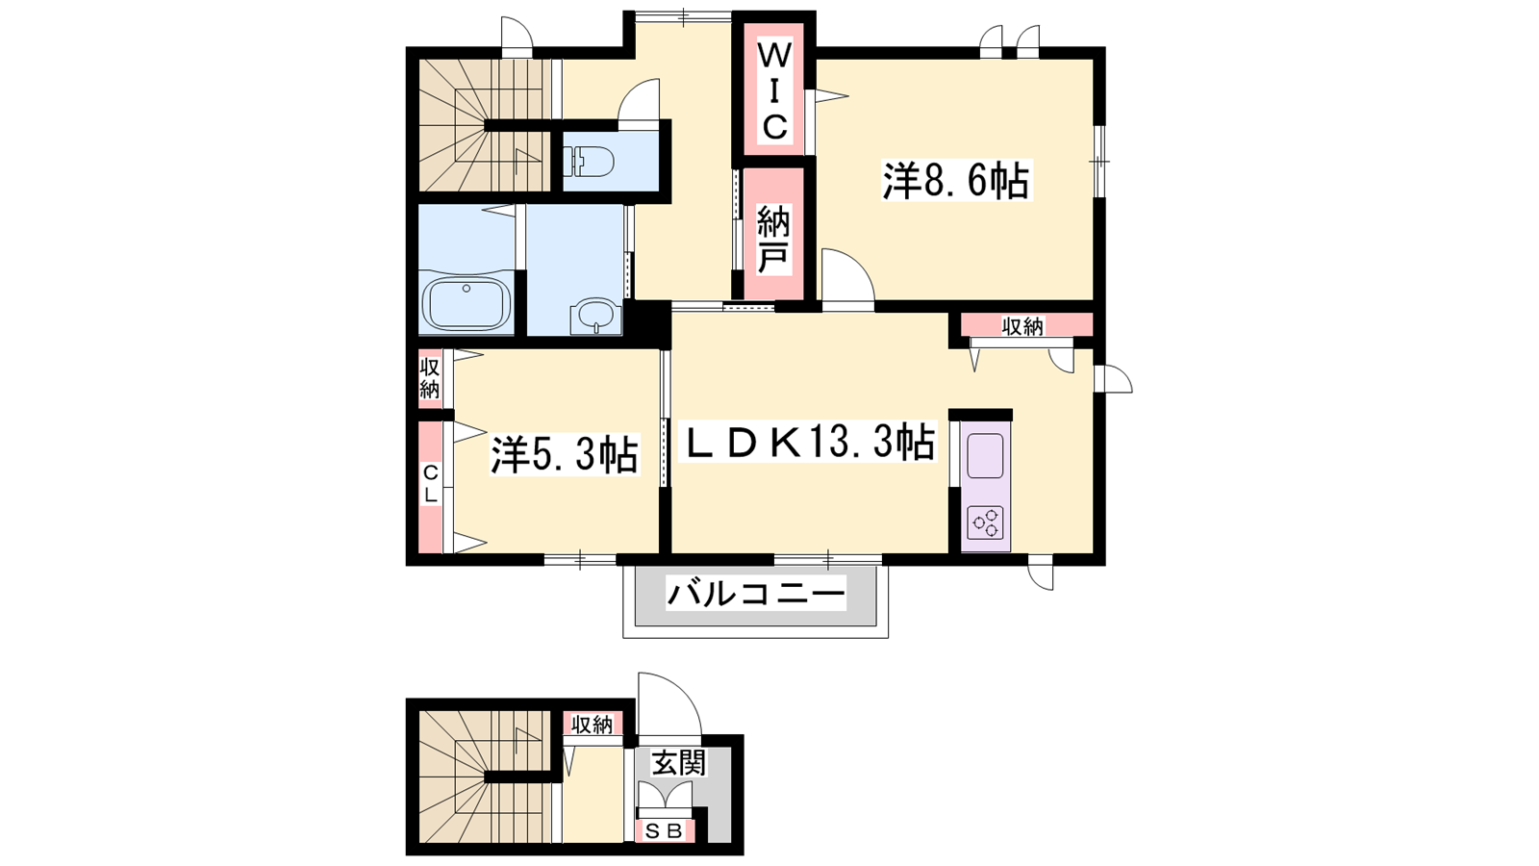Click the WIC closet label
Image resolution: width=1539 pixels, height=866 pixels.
coord(774,90)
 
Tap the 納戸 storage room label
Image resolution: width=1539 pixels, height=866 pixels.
coord(773,240)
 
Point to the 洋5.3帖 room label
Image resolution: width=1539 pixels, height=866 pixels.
coord(564,454)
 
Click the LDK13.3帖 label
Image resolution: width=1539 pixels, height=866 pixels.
coord(807,442)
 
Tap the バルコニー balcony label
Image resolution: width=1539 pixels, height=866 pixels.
coord(756,593)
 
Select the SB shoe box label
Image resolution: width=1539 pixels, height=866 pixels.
coord(665,831)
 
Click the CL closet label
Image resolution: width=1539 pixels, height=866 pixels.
coord(430,484)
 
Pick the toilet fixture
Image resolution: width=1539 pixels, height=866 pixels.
coord(588,162)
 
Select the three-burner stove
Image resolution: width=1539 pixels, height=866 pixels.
coord(986,523)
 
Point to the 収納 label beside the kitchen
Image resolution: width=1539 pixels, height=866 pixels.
coord(1022,326)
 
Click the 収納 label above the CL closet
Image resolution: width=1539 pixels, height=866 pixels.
coord(429,379)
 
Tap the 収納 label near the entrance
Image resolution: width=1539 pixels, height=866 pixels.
coord(593,725)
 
